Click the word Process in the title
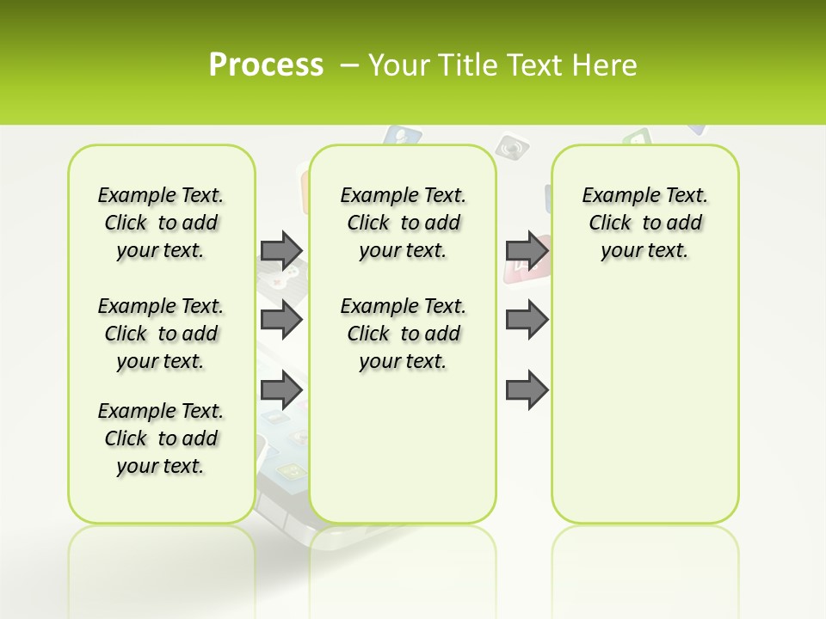266,64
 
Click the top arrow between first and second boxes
281,250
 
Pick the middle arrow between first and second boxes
281,321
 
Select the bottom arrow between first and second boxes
281,391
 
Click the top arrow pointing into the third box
527,250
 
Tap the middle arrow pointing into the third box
527,321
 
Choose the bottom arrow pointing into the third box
527,391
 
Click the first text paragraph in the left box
161,223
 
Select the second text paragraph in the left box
161,334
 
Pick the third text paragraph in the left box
161,438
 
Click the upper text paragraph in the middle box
404,223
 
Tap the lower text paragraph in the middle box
404,334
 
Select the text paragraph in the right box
644,223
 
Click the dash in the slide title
349,64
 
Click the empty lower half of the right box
644,413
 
